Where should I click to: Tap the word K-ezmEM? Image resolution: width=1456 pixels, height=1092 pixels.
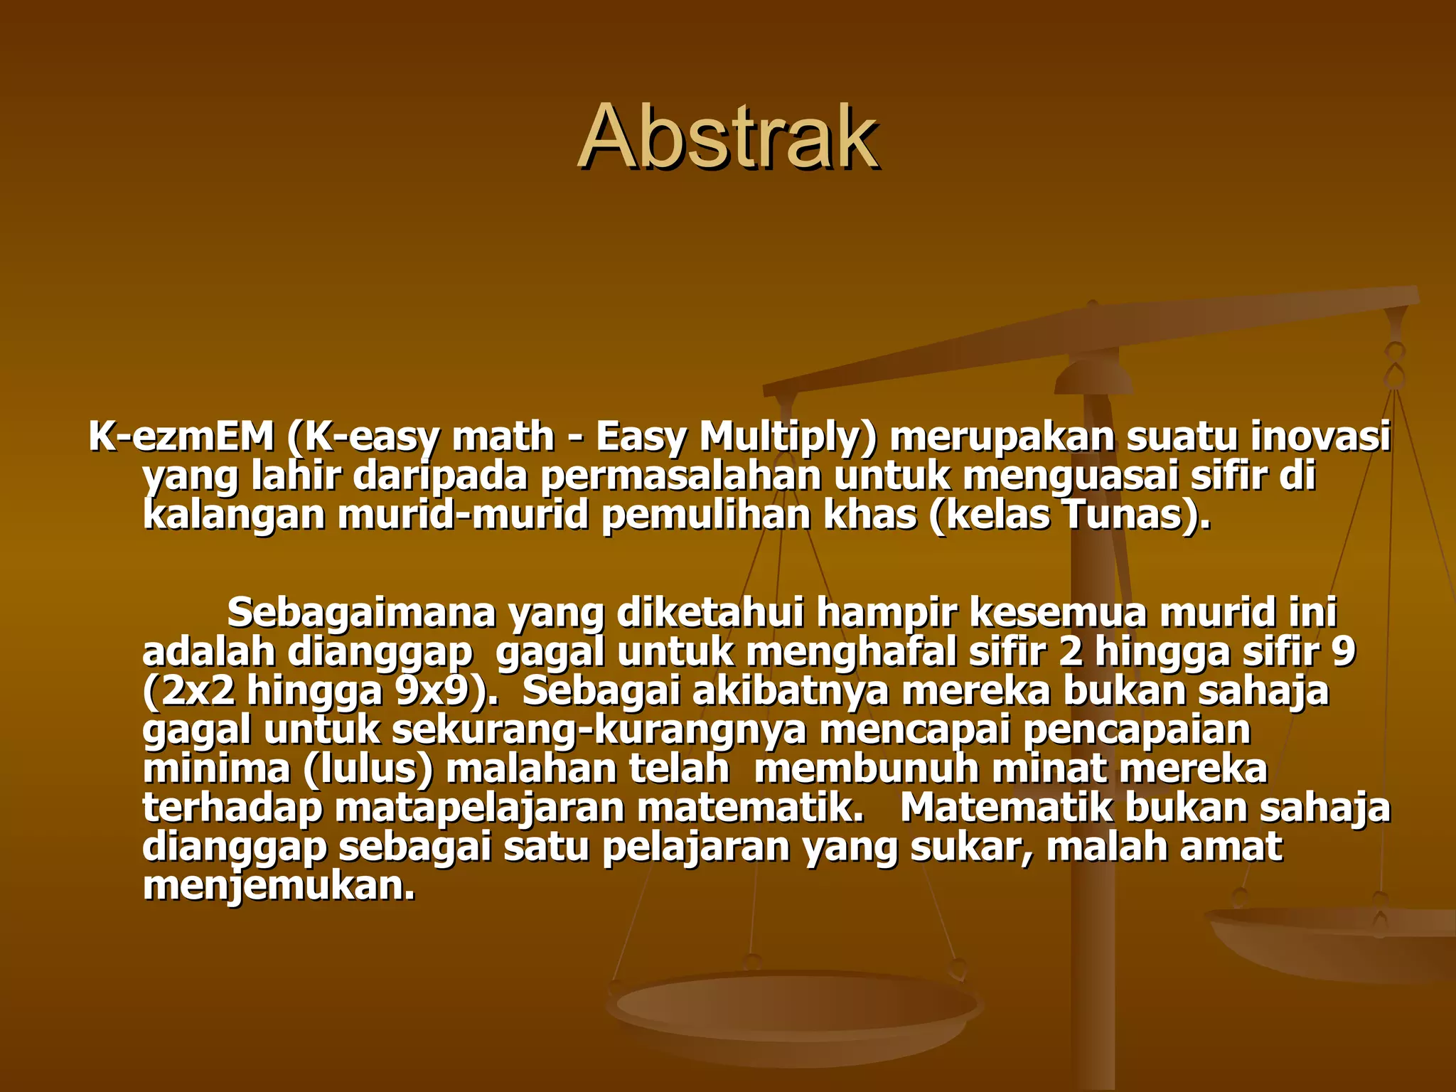click(x=181, y=437)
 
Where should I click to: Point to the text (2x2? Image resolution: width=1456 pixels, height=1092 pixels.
click(x=188, y=691)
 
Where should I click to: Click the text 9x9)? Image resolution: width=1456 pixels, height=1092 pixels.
click(x=447, y=691)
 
